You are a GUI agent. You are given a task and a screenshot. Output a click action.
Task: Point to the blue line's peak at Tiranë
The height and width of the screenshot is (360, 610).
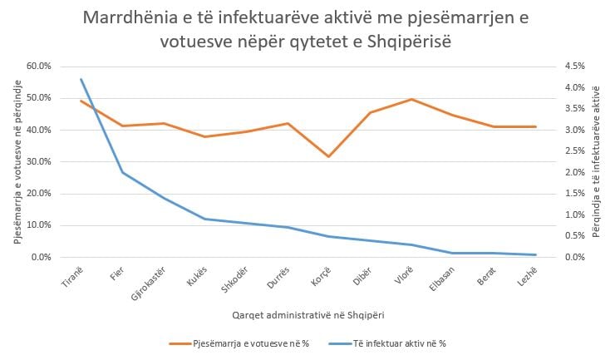(x=81, y=80)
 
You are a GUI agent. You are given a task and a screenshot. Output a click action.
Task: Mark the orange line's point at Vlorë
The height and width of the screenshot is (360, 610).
(x=411, y=100)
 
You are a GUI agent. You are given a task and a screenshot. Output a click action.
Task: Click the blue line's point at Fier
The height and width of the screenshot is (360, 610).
(x=122, y=172)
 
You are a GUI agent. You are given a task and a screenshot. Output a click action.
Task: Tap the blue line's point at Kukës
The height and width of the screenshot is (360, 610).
(x=204, y=219)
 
